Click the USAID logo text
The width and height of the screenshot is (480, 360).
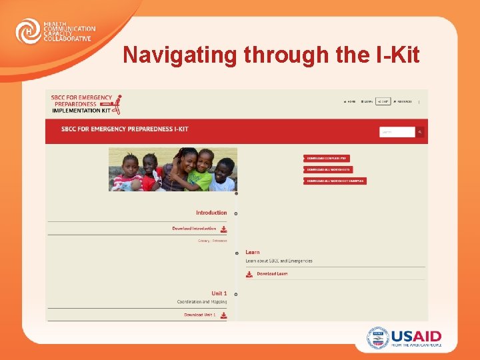(x=416, y=337)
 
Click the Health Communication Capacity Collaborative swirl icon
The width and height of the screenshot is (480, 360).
(x=27, y=31)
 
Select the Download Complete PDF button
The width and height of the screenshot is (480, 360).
(x=327, y=158)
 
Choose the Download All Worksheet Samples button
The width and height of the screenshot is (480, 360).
(x=335, y=181)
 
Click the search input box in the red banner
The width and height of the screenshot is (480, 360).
(x=397, y=132)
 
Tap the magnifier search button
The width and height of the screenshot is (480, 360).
(x=420, y=132)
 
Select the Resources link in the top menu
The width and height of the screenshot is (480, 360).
(x=403, y=102)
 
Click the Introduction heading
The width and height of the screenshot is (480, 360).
(x=211, y=213)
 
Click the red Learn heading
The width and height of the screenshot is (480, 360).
(x=253, y=252)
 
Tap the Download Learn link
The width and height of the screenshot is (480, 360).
(x=271, y=274)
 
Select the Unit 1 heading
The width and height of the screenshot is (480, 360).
(x=219, y=293)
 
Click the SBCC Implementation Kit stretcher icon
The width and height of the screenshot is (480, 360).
(x=117, y=105)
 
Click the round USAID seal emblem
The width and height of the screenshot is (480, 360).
(x=377, y=338)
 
